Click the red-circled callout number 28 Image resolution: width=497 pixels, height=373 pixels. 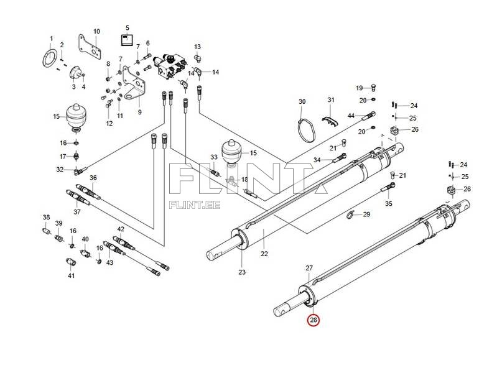(314, 320)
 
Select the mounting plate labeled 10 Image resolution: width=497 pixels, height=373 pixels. (90, 47)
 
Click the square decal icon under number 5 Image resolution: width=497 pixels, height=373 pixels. (128, 40)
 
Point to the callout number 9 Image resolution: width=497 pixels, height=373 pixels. (140, 112)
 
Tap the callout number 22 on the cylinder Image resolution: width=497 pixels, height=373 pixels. (264, 254)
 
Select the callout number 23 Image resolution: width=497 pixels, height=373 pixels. (242, 272)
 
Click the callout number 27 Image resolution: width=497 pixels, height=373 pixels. (309, 268)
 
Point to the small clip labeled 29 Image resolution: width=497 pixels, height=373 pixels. (350, 215)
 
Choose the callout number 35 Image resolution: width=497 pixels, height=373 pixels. (389, 203)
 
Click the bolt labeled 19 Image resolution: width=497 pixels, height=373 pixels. (373, 87)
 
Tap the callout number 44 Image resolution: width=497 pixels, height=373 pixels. (351, 116)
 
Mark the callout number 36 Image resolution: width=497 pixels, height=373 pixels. (93, 178)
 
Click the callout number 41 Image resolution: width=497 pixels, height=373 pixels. (72, 276)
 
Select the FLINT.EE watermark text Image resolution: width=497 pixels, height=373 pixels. (195, 205)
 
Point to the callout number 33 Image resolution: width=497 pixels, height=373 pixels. (214, 157)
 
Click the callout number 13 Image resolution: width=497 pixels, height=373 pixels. (197, 47)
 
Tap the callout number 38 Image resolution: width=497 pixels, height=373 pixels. (46, 217)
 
